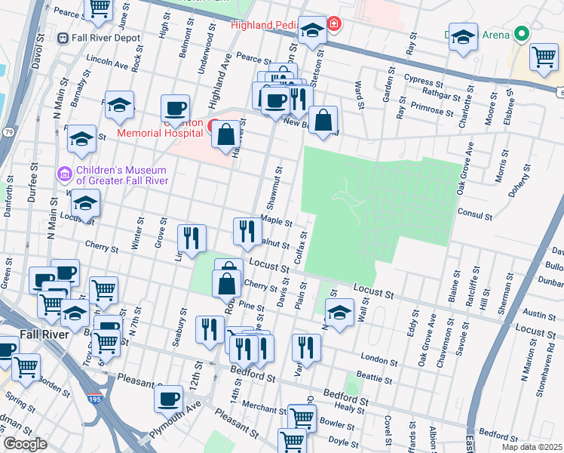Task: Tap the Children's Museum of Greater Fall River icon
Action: (x=65, y=174)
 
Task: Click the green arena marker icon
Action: (x=520, y=34)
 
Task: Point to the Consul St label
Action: (x=474, y=215)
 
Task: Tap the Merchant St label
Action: (x=259, y=408)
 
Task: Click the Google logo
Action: (x=25, y=444)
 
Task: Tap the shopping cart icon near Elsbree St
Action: (x=543, y=57)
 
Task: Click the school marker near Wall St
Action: (x=339, y=312)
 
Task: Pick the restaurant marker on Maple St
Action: (x=247, y=231)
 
